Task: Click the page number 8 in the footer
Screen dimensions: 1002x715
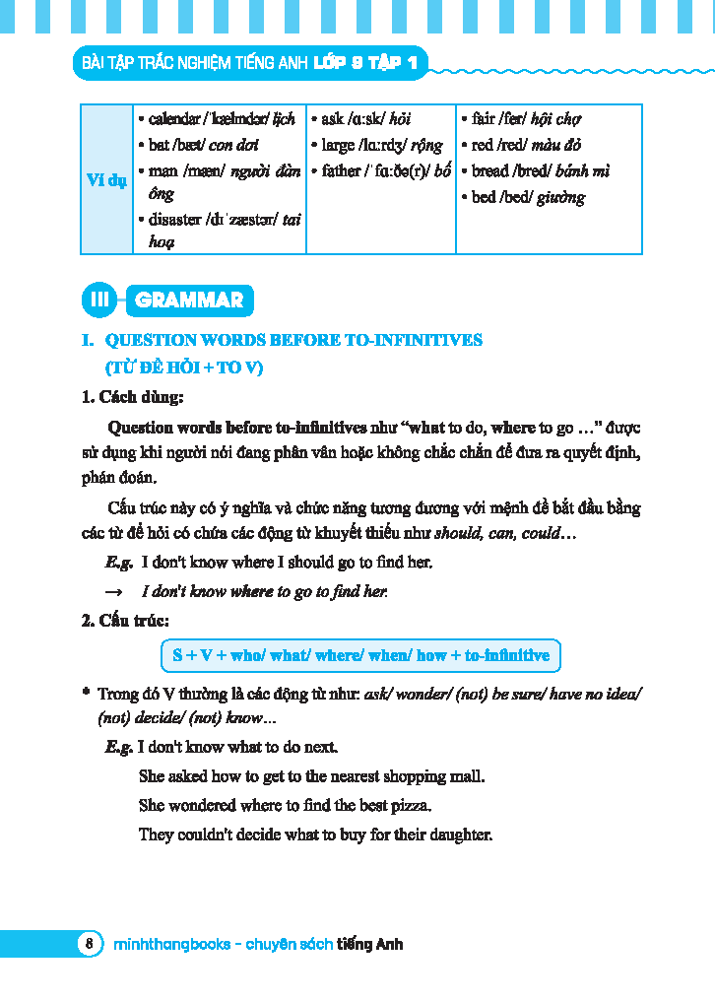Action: coord(90,944)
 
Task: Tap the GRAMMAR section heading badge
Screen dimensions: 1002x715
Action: coord(189,301)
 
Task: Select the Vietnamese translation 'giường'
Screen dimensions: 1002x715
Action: coord(560,197)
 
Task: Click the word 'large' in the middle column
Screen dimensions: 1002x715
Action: coord(338,145)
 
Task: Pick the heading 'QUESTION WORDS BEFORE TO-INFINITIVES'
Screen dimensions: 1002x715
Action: coord(293,340)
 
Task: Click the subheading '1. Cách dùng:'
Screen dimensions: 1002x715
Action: coord(132,397)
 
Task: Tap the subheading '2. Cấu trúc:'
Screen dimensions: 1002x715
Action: coord(125,621)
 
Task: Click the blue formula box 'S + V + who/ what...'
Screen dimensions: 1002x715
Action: coord(360,655)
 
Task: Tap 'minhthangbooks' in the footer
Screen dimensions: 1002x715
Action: coord(171,944)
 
